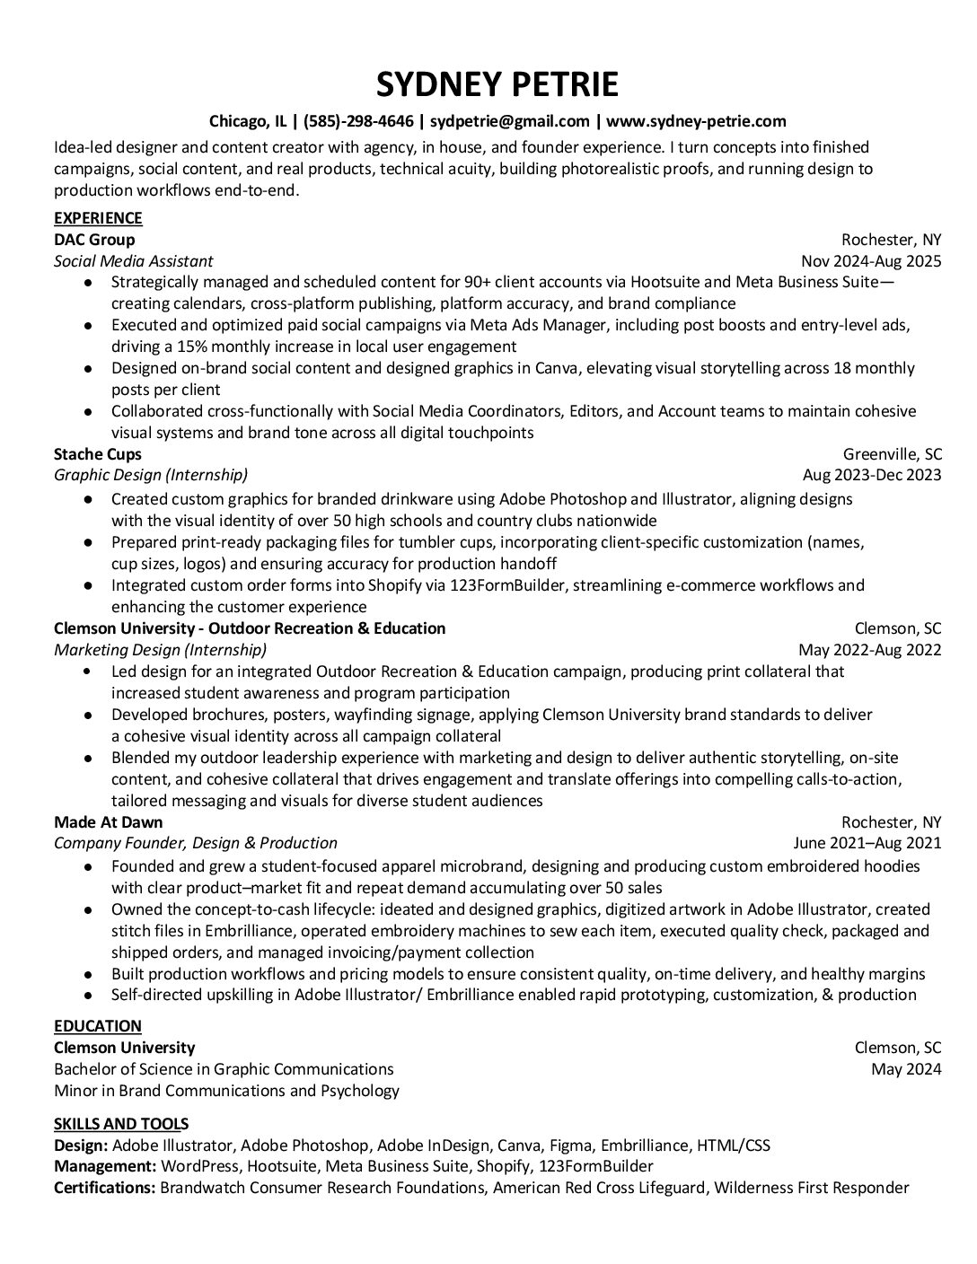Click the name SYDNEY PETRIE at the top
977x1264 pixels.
(497, 83)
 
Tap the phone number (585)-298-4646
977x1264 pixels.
(358, 121)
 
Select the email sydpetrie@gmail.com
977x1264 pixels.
(510, 121)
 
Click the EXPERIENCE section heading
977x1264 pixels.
(98, 218)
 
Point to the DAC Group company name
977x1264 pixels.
(94, 240)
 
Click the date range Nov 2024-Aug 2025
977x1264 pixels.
(871, 261)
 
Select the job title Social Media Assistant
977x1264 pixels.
(133, 261)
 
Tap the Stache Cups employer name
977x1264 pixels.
(98, 454)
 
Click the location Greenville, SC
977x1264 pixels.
(892, 454)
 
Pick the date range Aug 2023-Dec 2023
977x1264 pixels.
(872, 475)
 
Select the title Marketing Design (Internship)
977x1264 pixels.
(160, 650)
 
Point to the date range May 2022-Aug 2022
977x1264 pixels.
(869, 650)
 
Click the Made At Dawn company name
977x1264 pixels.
(109, 822)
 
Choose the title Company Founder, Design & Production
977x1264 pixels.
(195, 843)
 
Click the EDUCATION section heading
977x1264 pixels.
(98, 1026)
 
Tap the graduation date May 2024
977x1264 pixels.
(906, 1069)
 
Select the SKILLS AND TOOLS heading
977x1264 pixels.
(121, 1124)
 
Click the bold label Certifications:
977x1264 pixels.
(104, 1189)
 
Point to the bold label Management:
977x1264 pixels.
(104, 1167)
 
